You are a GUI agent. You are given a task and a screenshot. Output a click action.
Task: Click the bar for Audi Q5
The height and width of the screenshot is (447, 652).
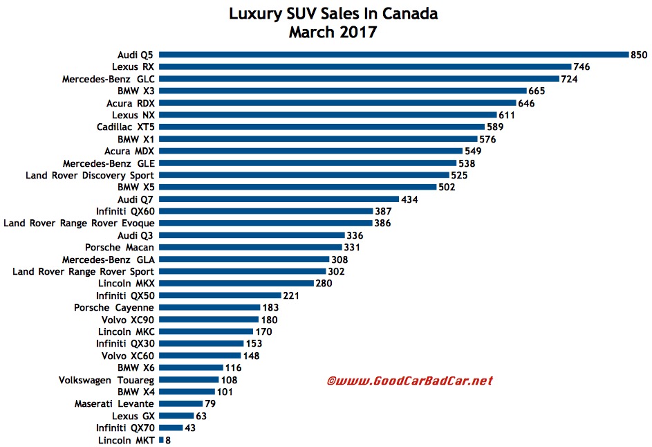[394, 55]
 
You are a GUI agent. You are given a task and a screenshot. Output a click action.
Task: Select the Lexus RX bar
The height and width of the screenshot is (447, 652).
[365, 66]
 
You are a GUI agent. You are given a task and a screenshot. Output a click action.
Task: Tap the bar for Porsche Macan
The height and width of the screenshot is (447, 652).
[250, 247]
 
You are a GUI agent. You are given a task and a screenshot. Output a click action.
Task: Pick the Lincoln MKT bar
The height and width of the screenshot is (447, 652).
[161, 440]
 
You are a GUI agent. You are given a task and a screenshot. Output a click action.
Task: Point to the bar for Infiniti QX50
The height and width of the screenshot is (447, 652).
[220, 295]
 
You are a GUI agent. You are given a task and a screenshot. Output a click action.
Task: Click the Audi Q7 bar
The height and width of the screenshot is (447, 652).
[279, 199]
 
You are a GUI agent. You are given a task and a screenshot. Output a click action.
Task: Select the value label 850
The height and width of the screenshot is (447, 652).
[639, 55]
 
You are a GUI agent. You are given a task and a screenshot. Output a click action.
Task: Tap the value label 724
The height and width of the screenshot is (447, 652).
[569, 79]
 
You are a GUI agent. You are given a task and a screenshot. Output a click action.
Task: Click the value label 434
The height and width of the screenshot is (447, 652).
[409, 199]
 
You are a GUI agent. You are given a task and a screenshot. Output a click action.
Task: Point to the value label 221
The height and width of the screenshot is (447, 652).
[291, 295]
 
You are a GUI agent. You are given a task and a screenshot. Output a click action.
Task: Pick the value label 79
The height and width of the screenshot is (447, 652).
[210, 403]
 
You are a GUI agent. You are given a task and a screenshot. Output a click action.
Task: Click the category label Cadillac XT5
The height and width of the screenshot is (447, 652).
[126, 127]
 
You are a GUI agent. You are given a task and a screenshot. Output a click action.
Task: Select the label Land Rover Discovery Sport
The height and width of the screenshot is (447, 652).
[90, 175]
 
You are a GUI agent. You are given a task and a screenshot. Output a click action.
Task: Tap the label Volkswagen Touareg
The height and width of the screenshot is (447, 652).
[106, 380]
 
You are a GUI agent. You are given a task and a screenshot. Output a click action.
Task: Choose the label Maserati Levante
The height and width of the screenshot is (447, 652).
[114, 403]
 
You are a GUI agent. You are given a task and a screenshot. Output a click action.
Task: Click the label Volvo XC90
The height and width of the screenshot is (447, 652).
[128, 320]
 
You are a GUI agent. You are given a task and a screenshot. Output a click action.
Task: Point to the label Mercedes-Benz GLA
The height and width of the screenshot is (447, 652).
[109, 259]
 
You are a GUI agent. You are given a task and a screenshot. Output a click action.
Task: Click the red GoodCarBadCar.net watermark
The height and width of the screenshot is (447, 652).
[410, 381]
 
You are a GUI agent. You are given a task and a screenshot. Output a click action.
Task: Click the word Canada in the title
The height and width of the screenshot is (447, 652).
[410, 14]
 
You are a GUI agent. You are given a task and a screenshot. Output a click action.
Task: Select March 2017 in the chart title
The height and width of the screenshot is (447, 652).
[333, 32]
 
